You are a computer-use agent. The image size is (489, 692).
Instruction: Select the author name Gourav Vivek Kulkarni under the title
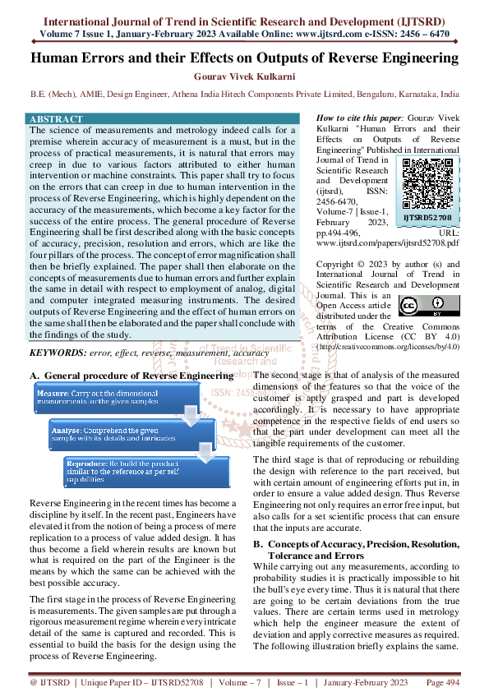coord(244,78)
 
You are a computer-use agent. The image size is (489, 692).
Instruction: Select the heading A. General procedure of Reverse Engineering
coord(131,375)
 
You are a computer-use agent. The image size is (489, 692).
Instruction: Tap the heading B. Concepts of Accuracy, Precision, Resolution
coord(356,545)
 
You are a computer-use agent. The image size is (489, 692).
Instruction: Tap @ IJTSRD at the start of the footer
coord(46,682)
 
